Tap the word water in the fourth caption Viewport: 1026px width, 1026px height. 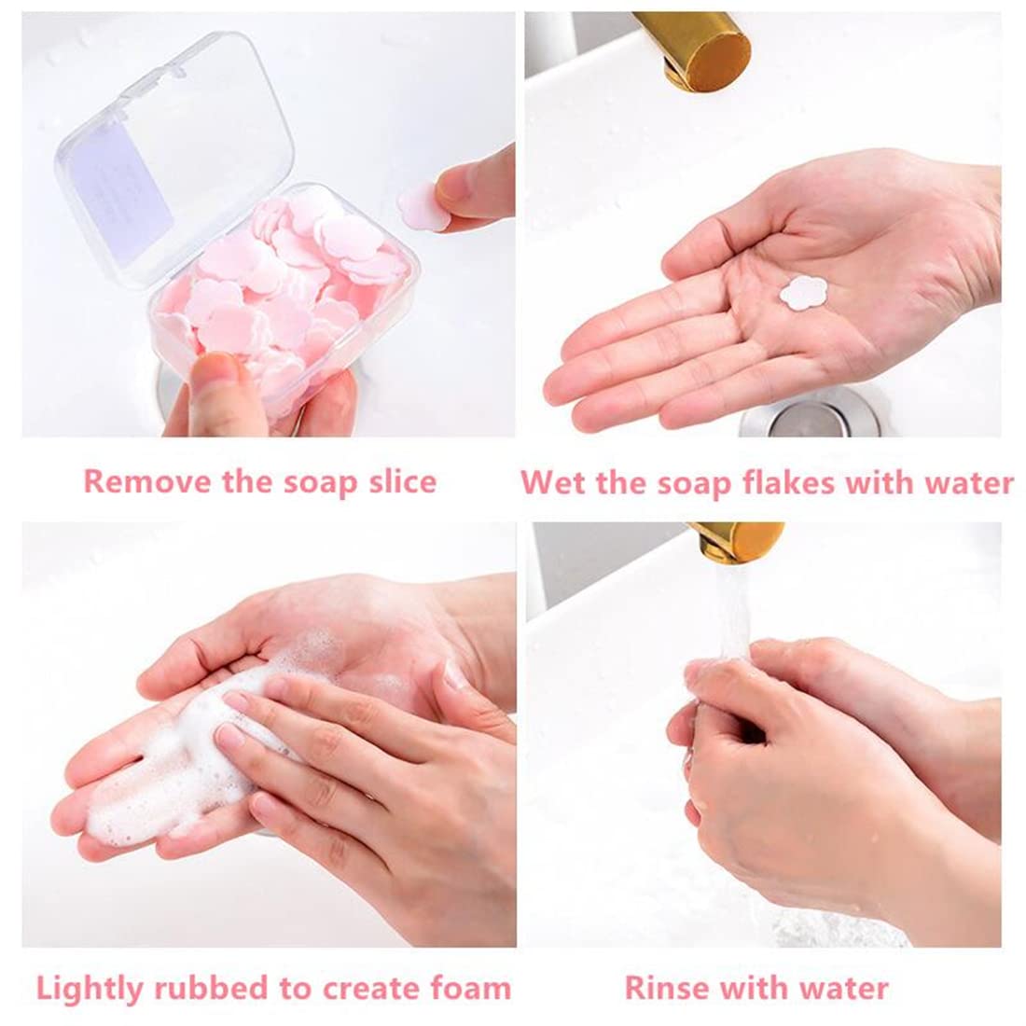point(844,988)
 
